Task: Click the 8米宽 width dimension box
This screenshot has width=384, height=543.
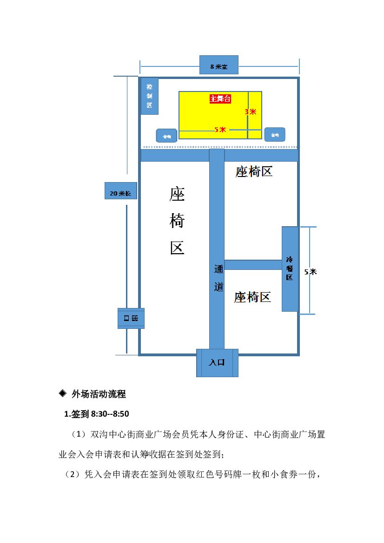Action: point(218,65)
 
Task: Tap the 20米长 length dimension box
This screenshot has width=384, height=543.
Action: point(120,191)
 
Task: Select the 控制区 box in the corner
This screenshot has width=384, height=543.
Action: point(149,96)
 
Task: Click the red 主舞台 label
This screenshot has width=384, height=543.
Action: point(220,99)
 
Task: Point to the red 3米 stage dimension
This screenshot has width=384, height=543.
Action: point(251,112)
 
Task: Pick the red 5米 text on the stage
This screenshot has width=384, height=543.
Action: point(220,130)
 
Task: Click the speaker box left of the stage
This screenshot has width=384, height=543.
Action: point(166,136)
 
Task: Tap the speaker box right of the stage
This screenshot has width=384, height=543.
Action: point(274,134)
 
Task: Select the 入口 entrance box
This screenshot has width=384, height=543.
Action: point(217,363)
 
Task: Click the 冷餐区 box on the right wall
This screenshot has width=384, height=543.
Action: point(290,269)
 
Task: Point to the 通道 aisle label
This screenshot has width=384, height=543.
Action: point(218,278)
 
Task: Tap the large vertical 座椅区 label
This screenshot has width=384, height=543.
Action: point(177,222)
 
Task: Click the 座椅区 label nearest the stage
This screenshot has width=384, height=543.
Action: point(253,172)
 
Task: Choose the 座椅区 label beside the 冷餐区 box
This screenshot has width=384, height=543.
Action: point(252,297)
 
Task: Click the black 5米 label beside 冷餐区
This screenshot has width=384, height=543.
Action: point(310,272)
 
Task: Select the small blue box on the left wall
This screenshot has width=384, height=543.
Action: point(131,318)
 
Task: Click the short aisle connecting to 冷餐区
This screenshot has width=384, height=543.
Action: point(253,265)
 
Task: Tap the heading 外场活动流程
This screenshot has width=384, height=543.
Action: point(99,395)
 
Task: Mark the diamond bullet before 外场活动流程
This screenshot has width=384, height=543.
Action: point(63,394)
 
